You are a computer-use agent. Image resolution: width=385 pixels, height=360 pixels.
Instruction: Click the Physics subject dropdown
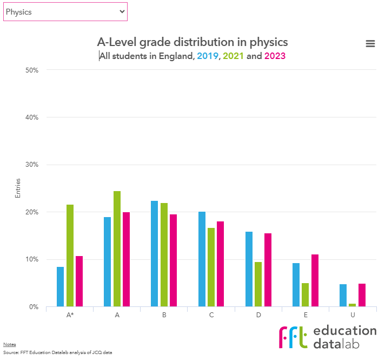[65, 12]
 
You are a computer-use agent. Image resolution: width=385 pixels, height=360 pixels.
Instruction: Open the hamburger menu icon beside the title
[370, 44]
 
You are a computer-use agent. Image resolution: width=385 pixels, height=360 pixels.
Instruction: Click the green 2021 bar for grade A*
[70, 256]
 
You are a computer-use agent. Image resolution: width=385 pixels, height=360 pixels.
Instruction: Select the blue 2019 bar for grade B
[155, 253]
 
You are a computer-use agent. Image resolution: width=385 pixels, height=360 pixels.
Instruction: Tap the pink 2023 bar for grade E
[315, 280]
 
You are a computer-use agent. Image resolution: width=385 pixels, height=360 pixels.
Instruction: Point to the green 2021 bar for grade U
[353, 305]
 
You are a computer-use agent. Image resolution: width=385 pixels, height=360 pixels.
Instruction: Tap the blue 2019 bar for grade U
[343, 296]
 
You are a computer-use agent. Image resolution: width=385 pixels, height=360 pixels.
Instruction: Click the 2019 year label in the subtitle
[207, 56]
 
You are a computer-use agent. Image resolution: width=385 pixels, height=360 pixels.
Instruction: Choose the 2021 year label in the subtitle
[234, 56]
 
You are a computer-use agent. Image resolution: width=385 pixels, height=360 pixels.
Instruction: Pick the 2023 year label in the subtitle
[275, 56]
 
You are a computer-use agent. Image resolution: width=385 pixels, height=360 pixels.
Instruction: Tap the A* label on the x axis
[70, 315]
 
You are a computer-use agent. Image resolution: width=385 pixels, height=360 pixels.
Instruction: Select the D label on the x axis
[258, 315]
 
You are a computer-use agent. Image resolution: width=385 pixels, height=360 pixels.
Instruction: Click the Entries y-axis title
[18, 188]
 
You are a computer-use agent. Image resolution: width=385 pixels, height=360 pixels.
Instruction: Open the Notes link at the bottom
[9, 344]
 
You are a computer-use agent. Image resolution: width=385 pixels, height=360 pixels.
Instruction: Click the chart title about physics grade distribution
[192, 42]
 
